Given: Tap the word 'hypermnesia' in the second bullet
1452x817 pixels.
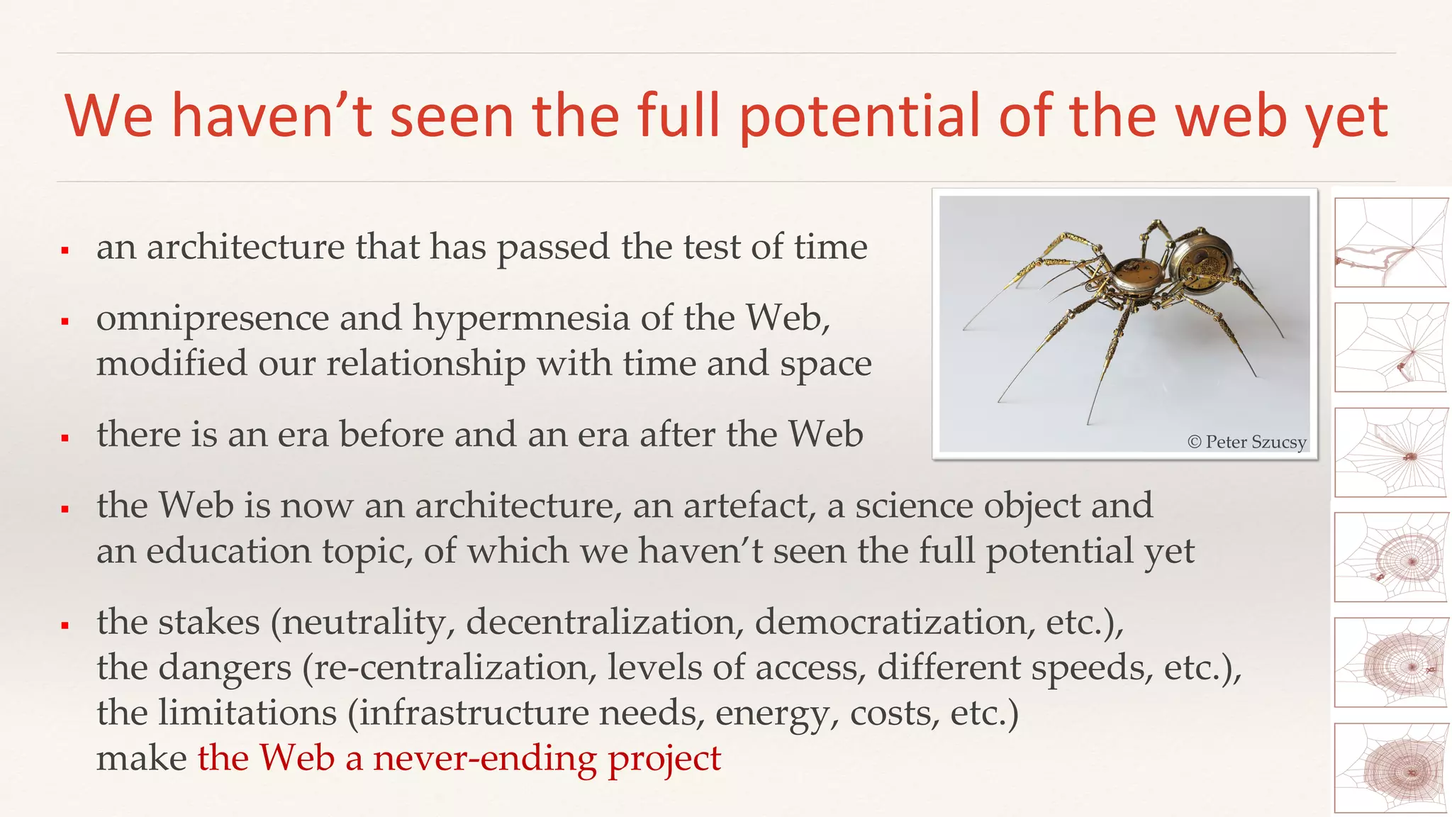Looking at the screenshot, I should [x=521, y=318].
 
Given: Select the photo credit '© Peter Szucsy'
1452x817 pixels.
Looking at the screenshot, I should [x=1246, y=442].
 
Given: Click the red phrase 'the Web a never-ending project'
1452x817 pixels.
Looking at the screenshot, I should [x=459, y=758].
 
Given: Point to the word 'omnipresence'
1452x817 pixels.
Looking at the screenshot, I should [x=212, y=318].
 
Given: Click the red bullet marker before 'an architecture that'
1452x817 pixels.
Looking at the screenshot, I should [x=65, y=250].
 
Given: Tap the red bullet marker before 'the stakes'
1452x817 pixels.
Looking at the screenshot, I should [x=65, y=626].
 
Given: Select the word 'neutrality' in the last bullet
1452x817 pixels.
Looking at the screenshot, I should [x=369, y=622].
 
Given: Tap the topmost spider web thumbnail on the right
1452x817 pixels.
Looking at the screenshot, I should [x=1390, y=243].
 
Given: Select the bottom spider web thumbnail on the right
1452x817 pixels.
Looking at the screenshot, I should [x=1390, y=767].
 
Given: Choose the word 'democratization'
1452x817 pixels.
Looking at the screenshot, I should [x=890, y=622].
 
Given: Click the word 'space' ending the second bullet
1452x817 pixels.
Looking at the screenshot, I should [x=825, y=364].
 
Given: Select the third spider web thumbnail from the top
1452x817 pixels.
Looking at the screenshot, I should [x=1390, y=452].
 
